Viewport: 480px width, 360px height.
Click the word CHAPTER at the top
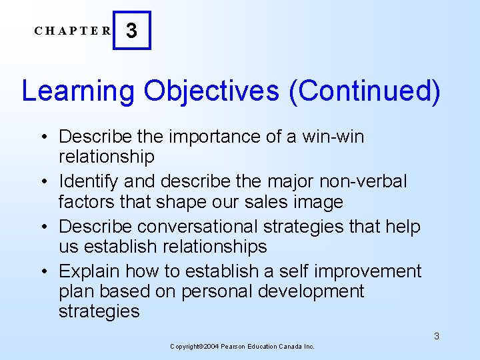[73, 31]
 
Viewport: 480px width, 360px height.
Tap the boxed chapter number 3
[132, 31]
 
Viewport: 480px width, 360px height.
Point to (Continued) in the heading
[365, 91]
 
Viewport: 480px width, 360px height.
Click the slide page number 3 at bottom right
[437, 336]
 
